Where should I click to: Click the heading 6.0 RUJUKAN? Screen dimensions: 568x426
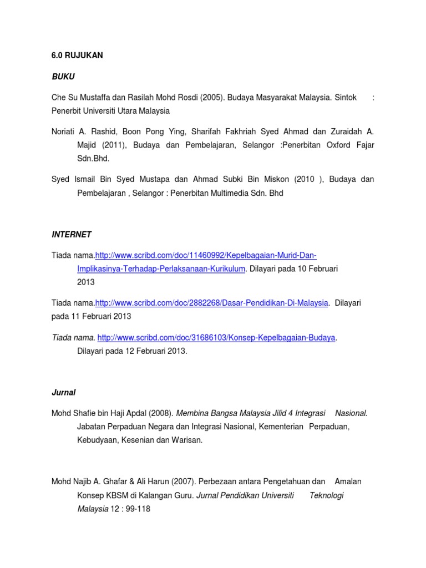[x=77, y=56]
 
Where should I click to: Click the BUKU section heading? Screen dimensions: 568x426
[x=63, y=76]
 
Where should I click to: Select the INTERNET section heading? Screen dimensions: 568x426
[x=72, y=235]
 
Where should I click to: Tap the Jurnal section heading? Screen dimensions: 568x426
[x=63, y=392]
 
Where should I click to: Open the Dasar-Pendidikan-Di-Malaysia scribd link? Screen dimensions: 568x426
[x=211, y=303]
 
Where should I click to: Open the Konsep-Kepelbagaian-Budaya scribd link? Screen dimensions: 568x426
[x=216, y=338]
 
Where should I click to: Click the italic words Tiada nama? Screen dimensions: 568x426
[x=73, y=338]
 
